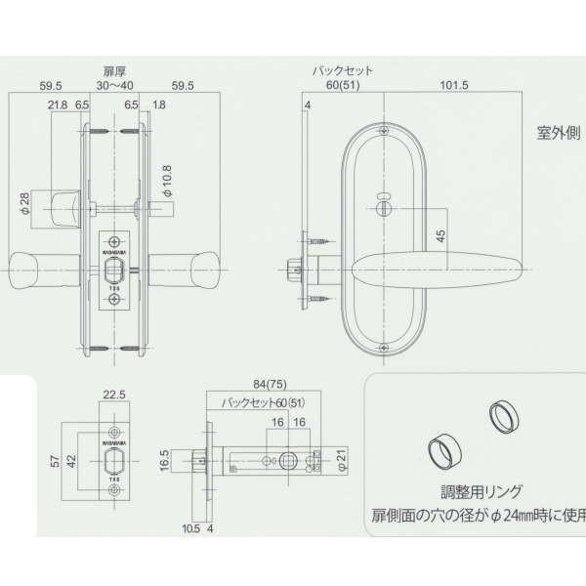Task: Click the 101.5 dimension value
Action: tap(454, 86)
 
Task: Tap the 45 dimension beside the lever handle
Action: tap(440, 234)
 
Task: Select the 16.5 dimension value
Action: tap(165, 457)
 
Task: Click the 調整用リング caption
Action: tap(474, 491)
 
